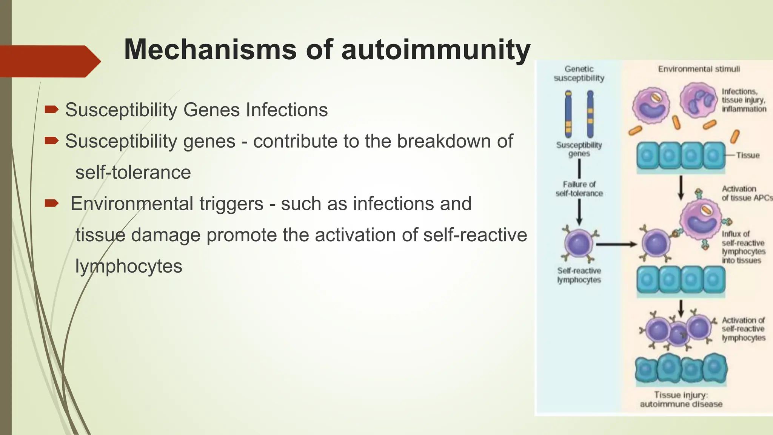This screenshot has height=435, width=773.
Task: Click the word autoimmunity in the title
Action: (436, 50)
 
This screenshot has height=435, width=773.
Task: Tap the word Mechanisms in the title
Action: (210, 50)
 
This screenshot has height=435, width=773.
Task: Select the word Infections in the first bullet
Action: (287, 110)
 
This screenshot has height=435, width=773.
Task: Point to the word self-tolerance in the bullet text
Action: (133, 173)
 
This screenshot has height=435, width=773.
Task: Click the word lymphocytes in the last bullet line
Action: (129, 266)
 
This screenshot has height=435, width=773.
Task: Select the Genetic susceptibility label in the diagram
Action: (579, 74)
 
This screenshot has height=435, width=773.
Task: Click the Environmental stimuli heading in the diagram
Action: (699, 69)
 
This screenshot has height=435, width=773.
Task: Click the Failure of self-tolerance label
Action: (579, 189)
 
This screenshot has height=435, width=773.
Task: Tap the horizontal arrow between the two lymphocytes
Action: (616, 245)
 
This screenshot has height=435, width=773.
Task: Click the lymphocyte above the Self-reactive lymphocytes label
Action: (579, 244)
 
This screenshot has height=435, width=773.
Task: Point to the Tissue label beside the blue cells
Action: (747, 155)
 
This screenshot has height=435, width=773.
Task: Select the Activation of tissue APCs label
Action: (745, 193)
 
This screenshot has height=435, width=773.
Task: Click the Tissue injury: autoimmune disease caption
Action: (681, 400)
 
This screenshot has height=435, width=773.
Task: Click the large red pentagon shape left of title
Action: (49, 61)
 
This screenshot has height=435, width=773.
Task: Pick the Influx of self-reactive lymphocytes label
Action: (742, 247)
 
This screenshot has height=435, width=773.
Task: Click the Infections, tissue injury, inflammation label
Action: (744, 100)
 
